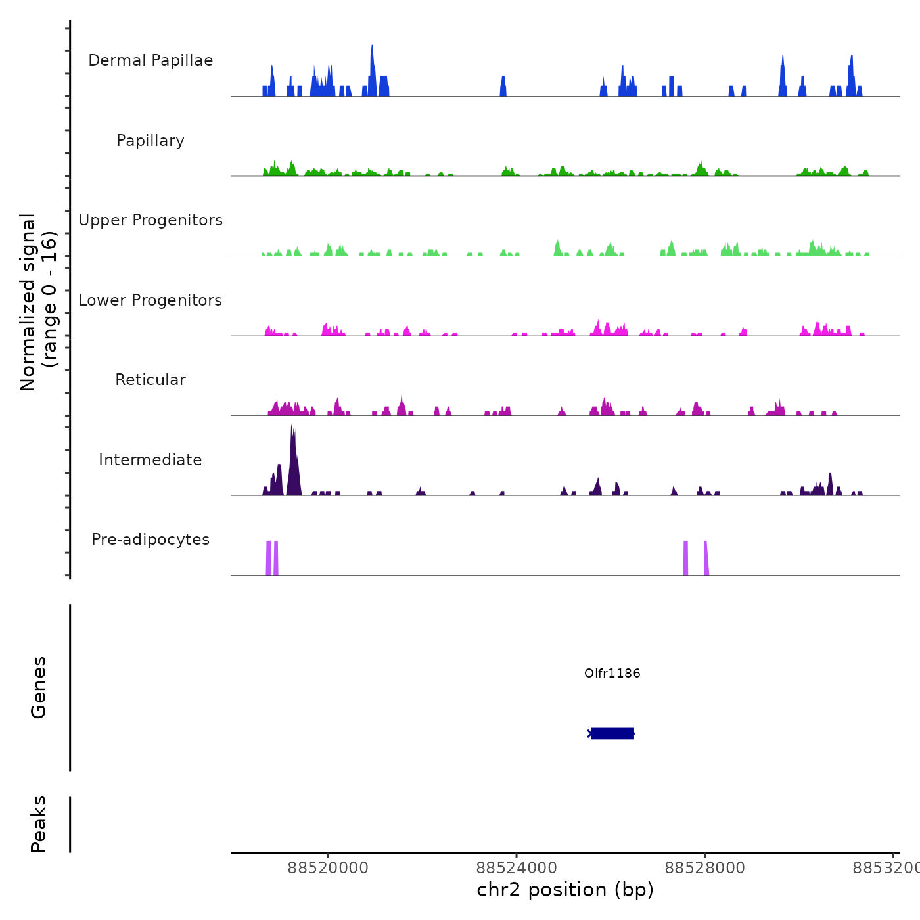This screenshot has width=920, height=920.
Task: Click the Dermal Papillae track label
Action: pos(150,60)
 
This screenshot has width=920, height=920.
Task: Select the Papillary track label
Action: pos(150,141)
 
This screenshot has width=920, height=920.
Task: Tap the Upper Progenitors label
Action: pos(150,220)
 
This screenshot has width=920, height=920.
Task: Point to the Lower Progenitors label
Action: pos(150,300)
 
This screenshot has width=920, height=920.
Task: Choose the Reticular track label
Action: pos(150,380)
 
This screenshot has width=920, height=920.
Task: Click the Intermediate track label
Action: pos(150,460)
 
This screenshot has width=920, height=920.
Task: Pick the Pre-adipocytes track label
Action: pos(150,540)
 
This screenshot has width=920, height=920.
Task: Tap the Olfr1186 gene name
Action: pos(612,673)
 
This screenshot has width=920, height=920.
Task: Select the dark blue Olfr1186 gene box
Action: pos(612,733)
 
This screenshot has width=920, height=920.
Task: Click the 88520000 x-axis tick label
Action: pos(328,868)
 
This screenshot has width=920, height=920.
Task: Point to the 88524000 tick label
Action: pos(517,868)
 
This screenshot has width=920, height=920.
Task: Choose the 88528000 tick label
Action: pos(704,868)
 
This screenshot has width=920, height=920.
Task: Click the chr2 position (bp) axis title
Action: pos(565,890)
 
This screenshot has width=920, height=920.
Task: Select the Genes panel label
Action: pos(39,687)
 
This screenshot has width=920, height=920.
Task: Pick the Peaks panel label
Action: pos(39,824)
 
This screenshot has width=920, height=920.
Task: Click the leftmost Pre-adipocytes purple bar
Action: pos(268,558)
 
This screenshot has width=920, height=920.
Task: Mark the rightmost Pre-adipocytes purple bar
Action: pos(706,559)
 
